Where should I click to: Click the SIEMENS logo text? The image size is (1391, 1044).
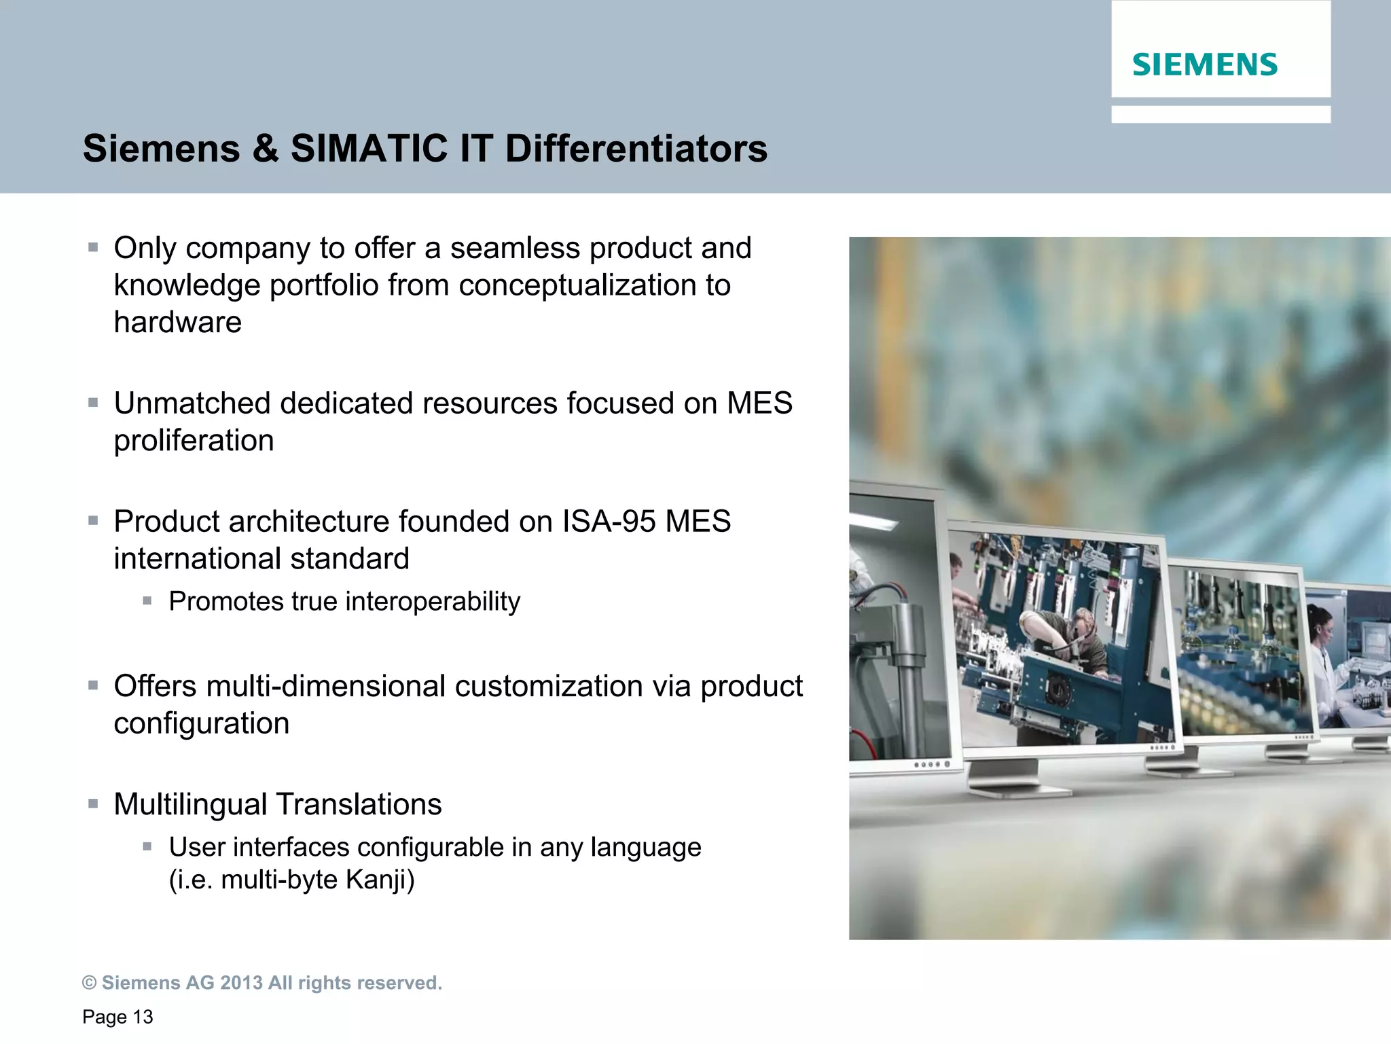pos(1204,65)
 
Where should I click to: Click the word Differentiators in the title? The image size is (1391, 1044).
pos(636,149)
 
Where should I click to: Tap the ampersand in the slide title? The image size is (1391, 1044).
pos(265,149)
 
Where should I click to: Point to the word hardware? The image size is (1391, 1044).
pos(177,323)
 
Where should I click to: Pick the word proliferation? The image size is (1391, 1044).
pos(194,441)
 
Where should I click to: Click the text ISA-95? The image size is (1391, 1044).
pos(609,522)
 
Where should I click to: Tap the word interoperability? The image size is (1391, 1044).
pos(432,602)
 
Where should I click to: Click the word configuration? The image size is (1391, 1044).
pos(201,723)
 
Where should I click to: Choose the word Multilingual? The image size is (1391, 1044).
pos(190,805)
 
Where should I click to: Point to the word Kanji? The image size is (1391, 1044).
pos(380,880)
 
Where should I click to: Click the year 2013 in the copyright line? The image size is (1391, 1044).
pos(241,983)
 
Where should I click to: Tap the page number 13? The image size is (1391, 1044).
pos(143,1017)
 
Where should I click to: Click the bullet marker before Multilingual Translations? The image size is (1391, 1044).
pos(93,804)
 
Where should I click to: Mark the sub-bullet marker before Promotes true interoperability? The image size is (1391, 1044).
pos(147,600)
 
